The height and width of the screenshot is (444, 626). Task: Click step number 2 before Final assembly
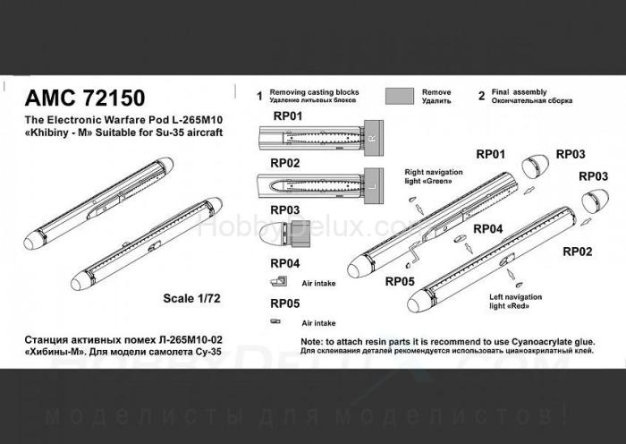(x=481, y=96)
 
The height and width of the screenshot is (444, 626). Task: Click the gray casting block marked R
(x=372, y=139)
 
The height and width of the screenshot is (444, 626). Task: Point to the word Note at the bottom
(x=312, y=343)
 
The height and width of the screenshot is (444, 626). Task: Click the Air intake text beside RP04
(x=319, y=282)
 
